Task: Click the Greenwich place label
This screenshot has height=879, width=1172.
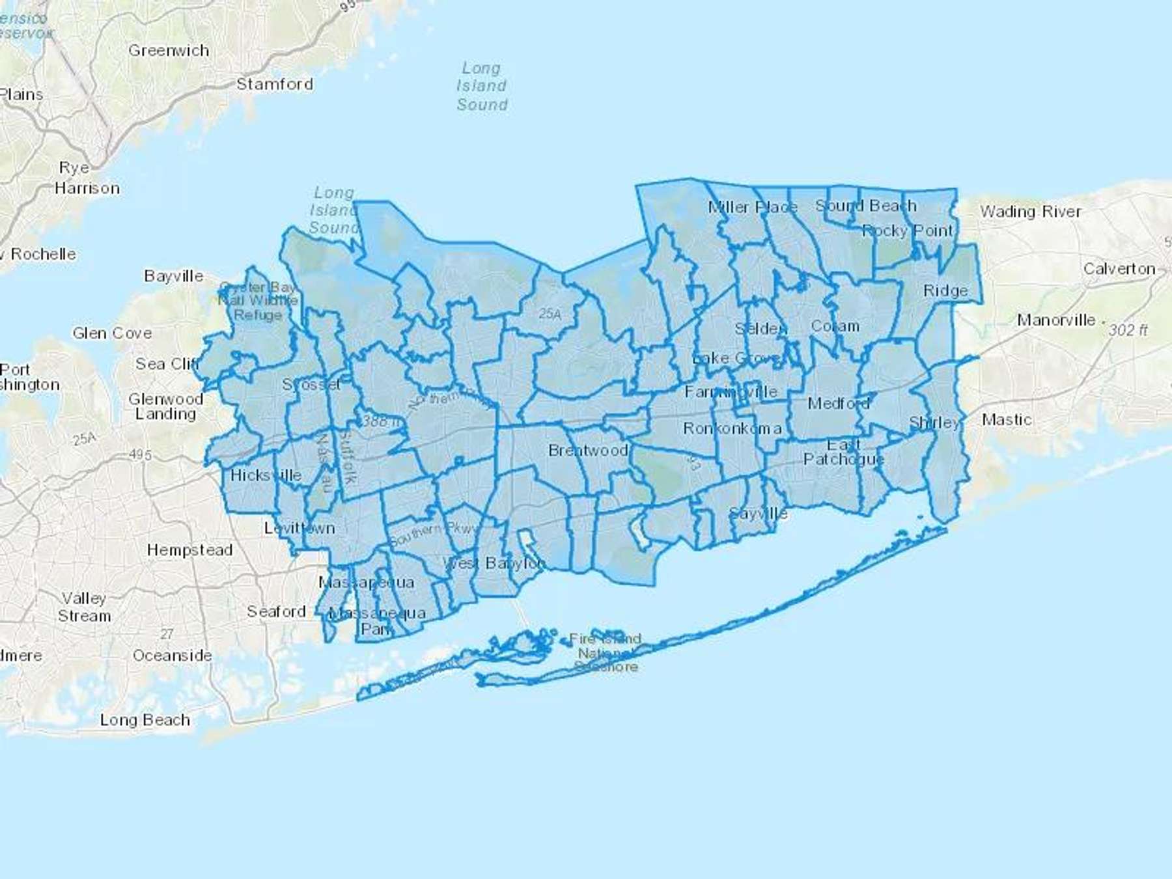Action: [x=169, y=51]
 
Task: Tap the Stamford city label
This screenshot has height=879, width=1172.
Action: [x=274, y=84]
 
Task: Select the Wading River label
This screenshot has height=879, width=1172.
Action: [x=1030, y=212]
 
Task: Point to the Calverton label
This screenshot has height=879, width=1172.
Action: [x=1119, y=269]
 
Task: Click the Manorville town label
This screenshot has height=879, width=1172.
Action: [x=1055, y=320]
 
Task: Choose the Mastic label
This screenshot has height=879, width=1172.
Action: [x=1006, y=420]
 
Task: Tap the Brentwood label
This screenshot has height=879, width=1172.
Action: [x=587, y=451]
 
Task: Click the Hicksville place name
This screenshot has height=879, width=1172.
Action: [x=266, y=475]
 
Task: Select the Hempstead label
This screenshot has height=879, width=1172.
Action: [x=189, y=550]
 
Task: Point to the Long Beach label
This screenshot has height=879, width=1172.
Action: [x=145, y=720]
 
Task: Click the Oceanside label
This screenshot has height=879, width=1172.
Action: [x=172, y=656]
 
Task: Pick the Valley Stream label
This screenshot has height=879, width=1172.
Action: [x=84, y=607]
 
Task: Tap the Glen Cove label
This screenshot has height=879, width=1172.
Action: [x=112, y=333]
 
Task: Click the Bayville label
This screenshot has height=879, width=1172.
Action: [x=173, y=276]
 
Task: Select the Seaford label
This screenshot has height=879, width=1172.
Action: [x=276, y=611]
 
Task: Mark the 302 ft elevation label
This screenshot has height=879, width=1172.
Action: [x=1128, y=330]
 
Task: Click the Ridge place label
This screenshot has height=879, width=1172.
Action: [x=945, y=291]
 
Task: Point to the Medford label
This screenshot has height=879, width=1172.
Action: [x=838, y=404]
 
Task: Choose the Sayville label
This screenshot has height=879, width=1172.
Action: [x=758, y=514]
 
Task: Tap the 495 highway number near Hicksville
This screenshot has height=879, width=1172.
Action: [x=140, y=455]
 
